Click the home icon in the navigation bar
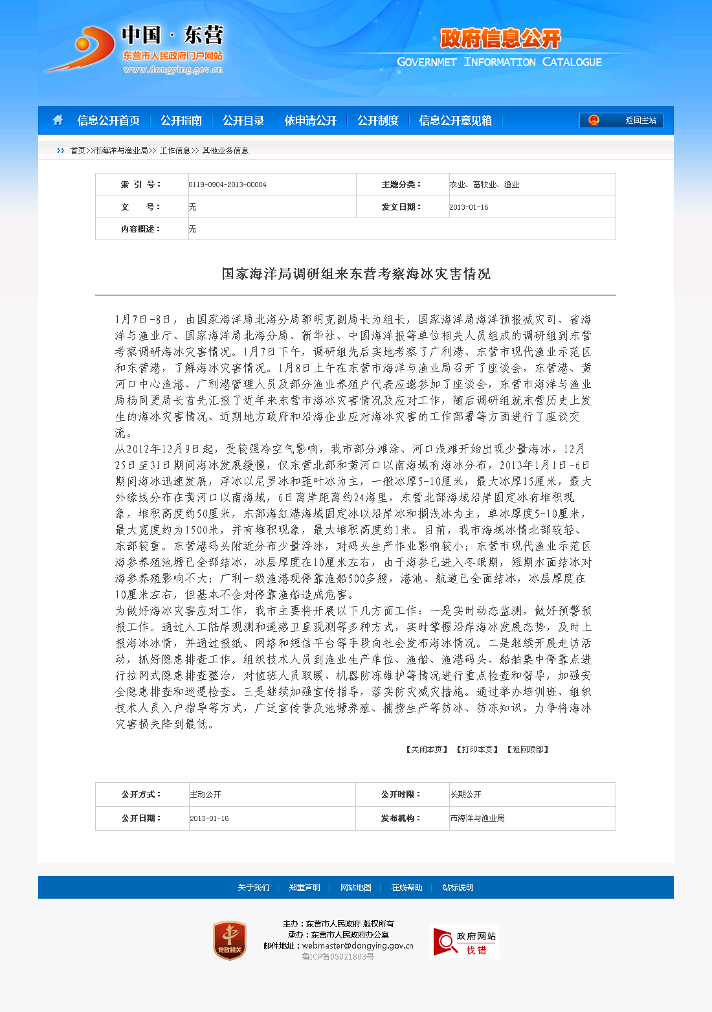coord(58,120)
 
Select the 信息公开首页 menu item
coord(108,120)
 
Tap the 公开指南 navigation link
coord(181,120)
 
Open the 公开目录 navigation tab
coord(243,120)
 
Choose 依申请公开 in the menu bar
coord(311,120)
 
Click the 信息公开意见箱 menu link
coord(455,120)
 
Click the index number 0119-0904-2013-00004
coord(227,185)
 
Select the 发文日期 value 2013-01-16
coord(469,207)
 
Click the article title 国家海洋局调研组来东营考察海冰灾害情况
coord(356,274)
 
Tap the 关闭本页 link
coord(427,750)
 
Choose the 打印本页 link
coord(478,750)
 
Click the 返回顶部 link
coord(528,750)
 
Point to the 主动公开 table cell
coord(206,794)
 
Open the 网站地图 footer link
coord(356,888)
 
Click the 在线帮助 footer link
coord(406,888)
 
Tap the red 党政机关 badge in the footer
coord(230,941)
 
